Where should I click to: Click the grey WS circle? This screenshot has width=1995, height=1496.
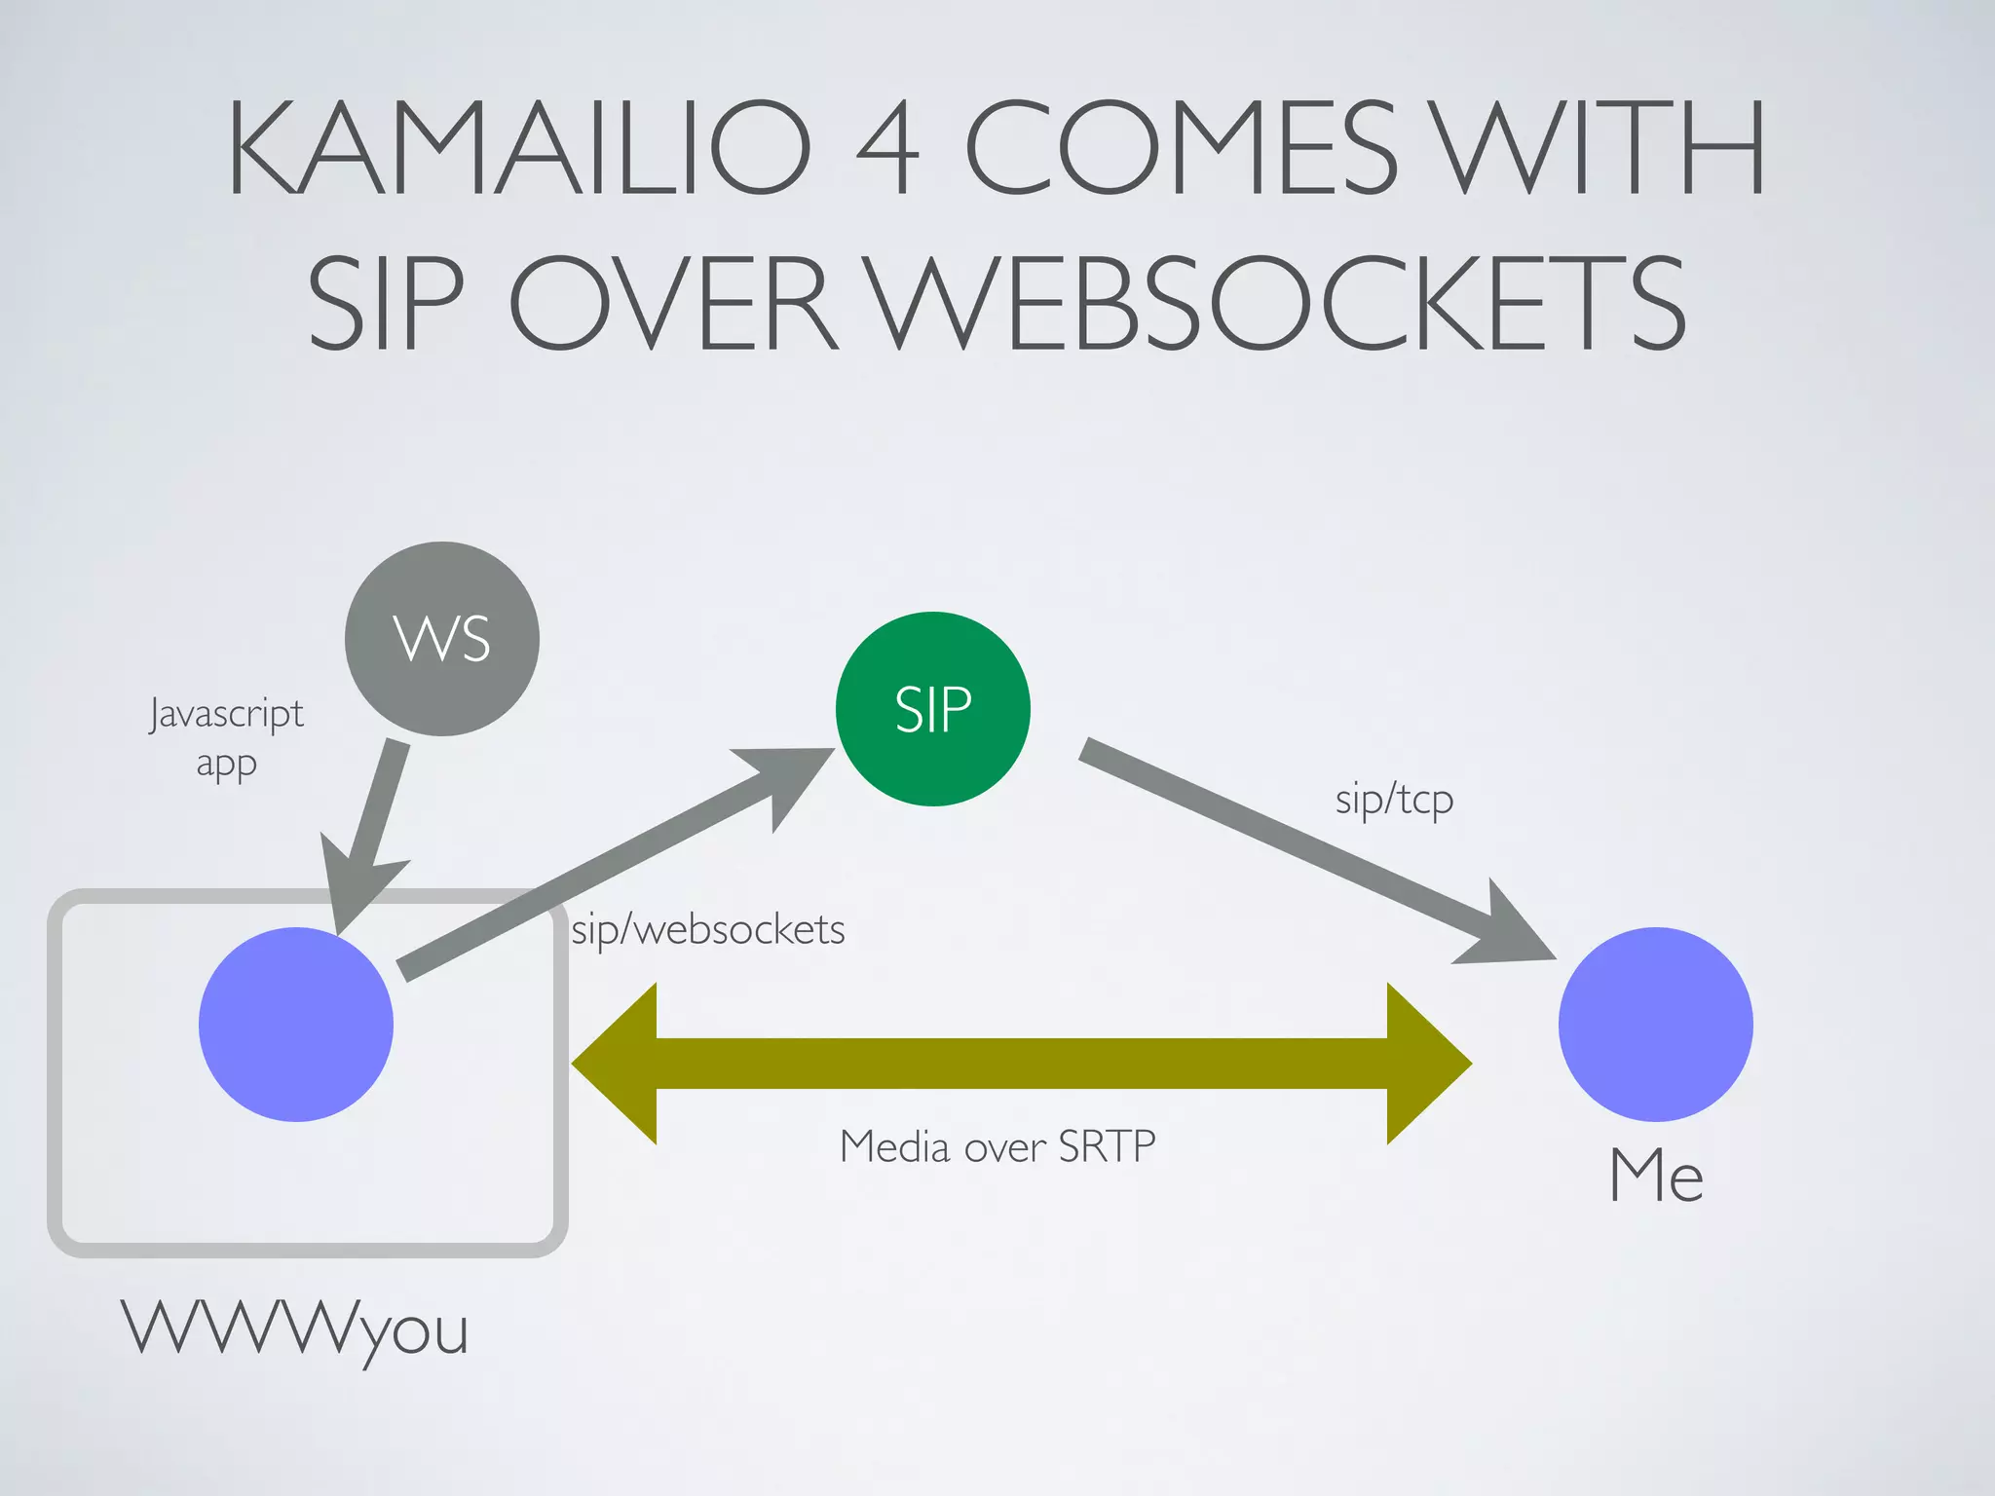point(441,639)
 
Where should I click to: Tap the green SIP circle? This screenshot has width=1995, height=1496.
point(932,709)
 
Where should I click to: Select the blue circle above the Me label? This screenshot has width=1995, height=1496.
point(1655,1024)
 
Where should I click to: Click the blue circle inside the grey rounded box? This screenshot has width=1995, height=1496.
point(296,1024)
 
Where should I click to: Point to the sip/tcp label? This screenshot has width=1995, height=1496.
point(1394,801)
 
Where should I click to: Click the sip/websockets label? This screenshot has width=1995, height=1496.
point(708,930)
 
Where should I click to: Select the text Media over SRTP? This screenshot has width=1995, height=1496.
point(997,1146)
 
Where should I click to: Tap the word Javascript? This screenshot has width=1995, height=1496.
point(226,714)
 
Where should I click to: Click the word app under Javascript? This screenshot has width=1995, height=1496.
point(226,765)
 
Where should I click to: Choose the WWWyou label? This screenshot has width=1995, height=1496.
point(295,1328)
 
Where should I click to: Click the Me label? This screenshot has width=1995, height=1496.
point(1656,1176)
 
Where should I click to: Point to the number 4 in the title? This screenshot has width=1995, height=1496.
point(886,149)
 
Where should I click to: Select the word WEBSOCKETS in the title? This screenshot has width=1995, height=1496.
point(1276,303)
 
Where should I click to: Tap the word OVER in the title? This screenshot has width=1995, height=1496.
point(672,303)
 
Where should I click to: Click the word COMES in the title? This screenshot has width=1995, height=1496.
point(1181,149)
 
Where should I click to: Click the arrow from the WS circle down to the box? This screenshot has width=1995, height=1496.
point(375,828)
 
